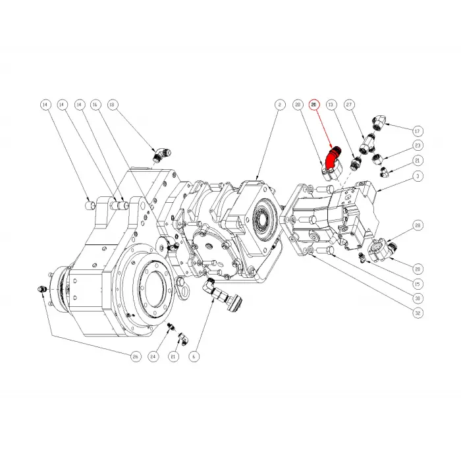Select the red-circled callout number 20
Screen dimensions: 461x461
pyautogui.click(x=314, y=105)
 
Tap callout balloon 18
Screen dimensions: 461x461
pyautogui.click(x=112, y=105)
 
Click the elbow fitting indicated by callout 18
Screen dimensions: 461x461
pyautogui.click(x=160, y=155)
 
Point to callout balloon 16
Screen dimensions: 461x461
pyautogui.click(x=95, y=105)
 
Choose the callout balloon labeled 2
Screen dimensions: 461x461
pyautogui.click(x=279, y=105)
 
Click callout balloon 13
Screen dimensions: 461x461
pyautogui.click(x=331, y=105)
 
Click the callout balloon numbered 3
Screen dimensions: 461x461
pyautogui.click(x=418, y=176)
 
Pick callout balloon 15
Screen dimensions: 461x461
pyautogui.click(x=418, y=284)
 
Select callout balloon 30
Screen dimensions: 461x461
pyautogui.click(x=418, y=298)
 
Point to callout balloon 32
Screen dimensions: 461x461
pyautogui.click(x=418, y=313)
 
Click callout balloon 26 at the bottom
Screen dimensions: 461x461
pyautogui.click(x=136, y=356)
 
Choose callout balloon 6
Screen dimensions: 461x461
pyautogui.click(x=194, y=356)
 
